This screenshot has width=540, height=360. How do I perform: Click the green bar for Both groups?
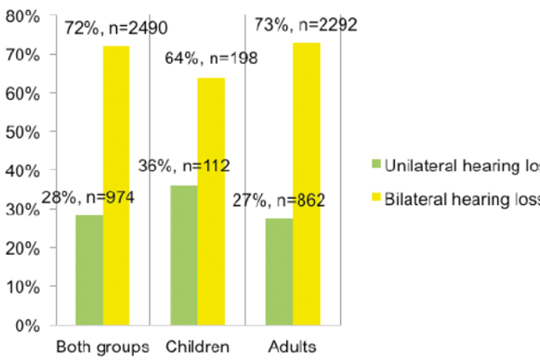89,269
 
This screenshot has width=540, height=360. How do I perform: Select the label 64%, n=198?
211,60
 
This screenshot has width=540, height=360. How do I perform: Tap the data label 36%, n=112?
184,166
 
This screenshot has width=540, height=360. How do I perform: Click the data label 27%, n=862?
280,201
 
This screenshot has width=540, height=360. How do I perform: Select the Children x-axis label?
198,347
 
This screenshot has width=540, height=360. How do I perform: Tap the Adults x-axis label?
293,347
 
